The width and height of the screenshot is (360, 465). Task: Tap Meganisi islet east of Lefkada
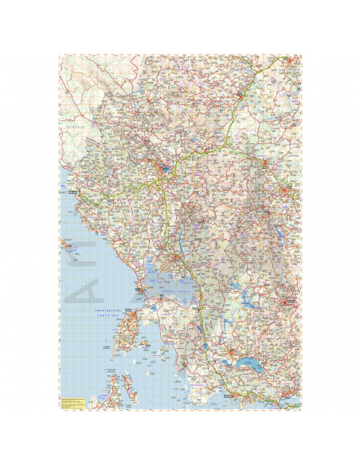click(x=145, y=343)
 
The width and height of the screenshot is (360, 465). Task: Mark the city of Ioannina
click(x=164, y=168)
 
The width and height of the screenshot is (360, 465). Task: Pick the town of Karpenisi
click(x=286, y=303)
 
